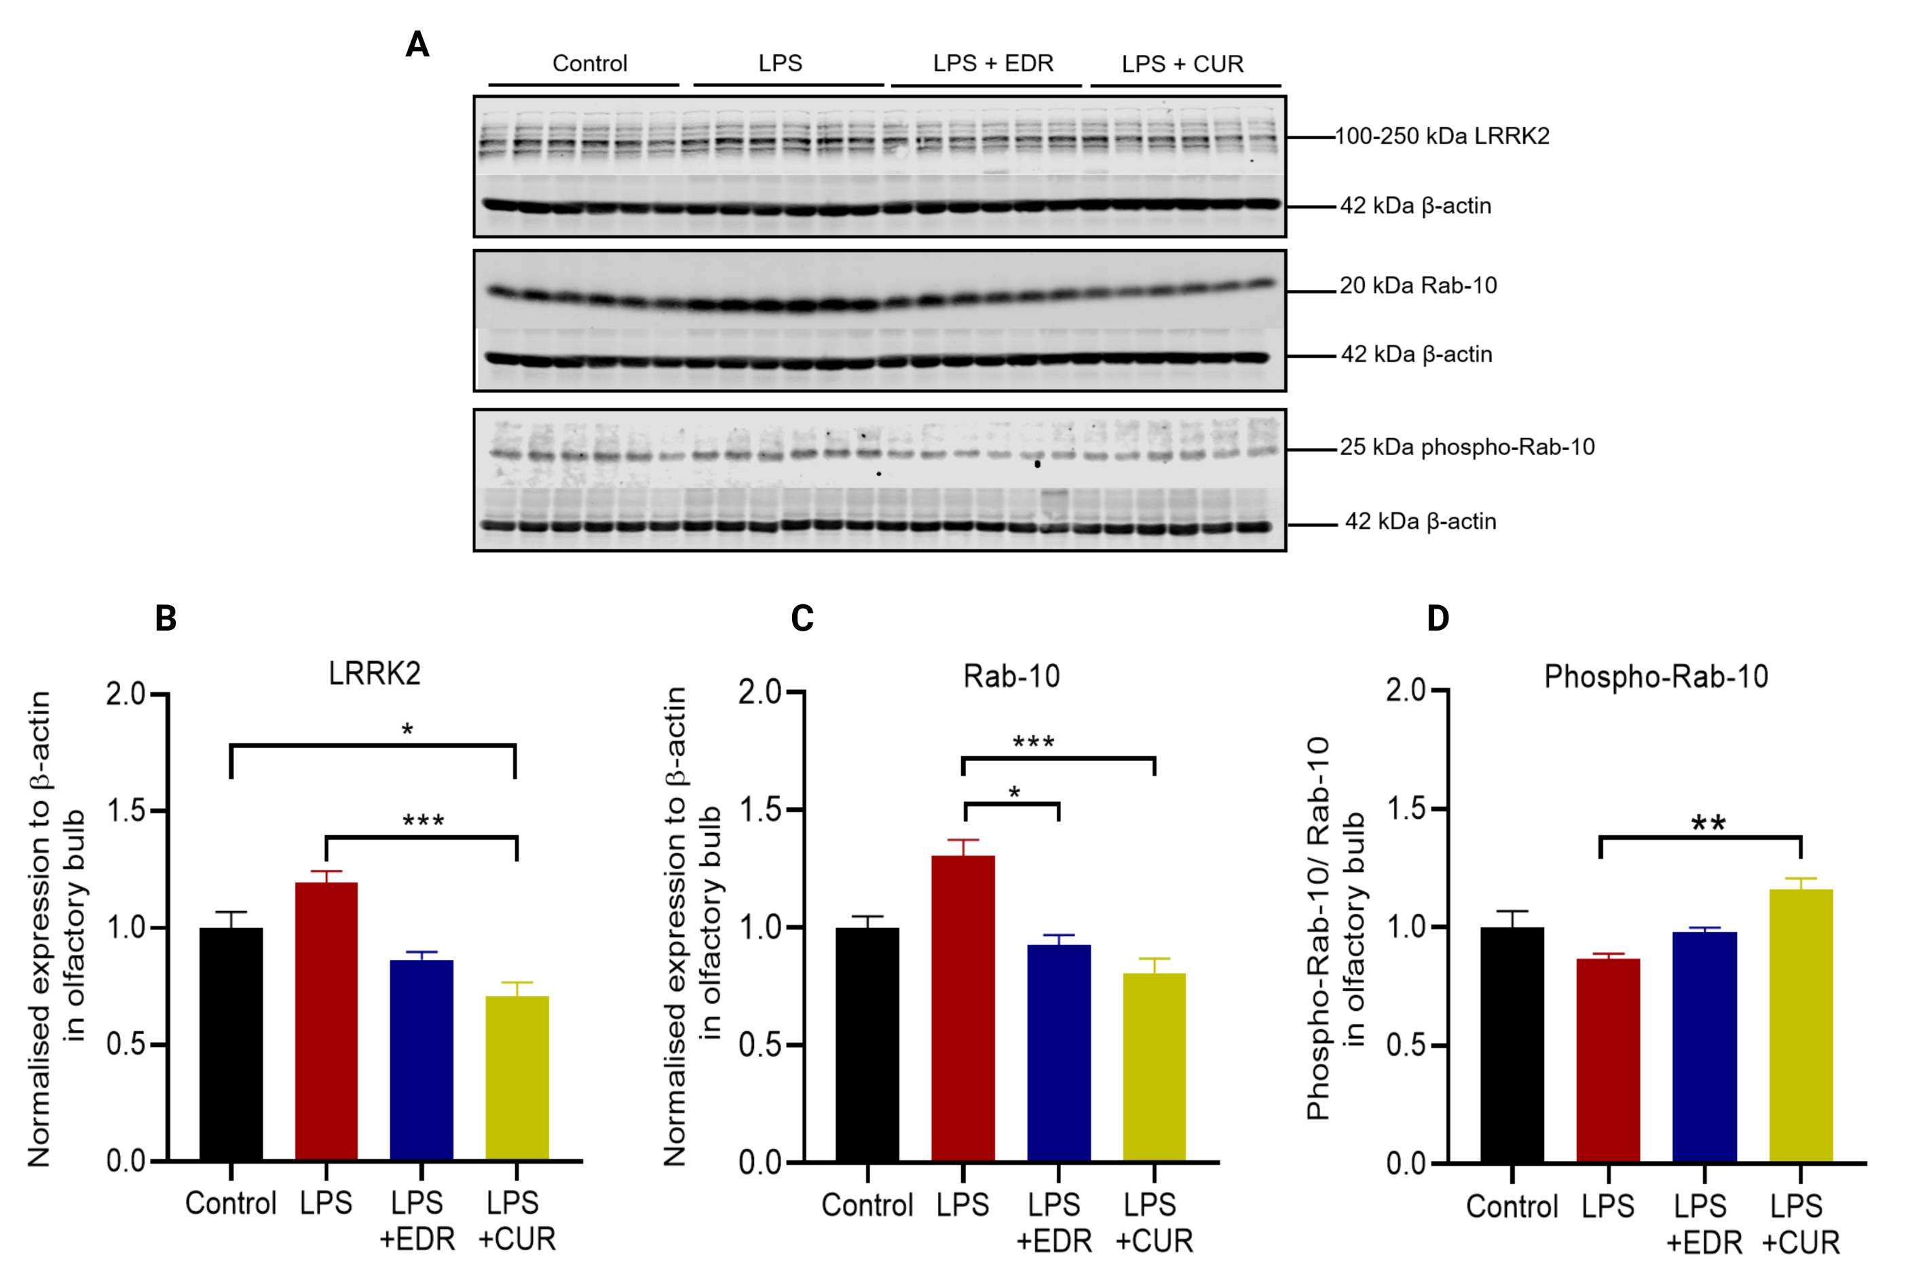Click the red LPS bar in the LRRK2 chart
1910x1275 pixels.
point(326,1020)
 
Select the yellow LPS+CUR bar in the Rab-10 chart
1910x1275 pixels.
point(1154,1066)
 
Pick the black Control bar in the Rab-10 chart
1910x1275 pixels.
point(867,1044)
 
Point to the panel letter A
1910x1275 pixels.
point(417,44)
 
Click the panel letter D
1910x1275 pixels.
point(1438,618)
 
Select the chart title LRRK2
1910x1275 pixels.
point(375,674)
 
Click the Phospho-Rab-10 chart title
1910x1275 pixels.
point(1655,676)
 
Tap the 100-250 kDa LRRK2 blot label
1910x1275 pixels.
point(1442,136)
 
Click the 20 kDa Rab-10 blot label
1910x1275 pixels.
point(1419,285)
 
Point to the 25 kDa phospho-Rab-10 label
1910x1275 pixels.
point(1467,447)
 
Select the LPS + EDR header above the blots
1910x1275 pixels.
point(992,63)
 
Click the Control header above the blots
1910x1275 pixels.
point(589,63)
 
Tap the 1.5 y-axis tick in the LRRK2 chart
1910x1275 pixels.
point(126,811)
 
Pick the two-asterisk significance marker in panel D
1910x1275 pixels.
point(1708,823)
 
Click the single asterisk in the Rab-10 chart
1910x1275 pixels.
point(1013,792)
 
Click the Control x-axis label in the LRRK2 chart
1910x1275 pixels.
point(231,1202)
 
